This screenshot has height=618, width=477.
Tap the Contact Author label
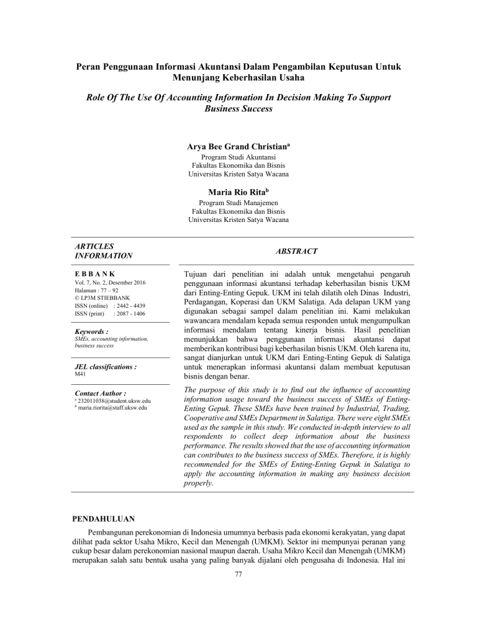tap(99, 394)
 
